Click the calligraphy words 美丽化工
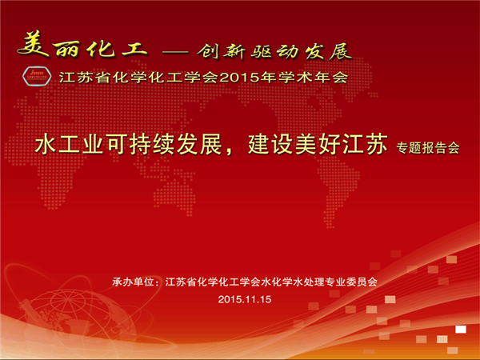coord(82,46)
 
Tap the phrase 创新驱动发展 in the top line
coord(274,51)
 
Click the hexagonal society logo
coord(37,76)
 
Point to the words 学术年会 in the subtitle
coord(313,78)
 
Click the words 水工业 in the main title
coord(69,144)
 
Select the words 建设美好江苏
coord(318,144)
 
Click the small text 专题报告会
coord(428,148)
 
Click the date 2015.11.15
coord(245,299)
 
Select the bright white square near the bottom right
coord(461,330)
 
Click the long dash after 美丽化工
coord(174,52)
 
